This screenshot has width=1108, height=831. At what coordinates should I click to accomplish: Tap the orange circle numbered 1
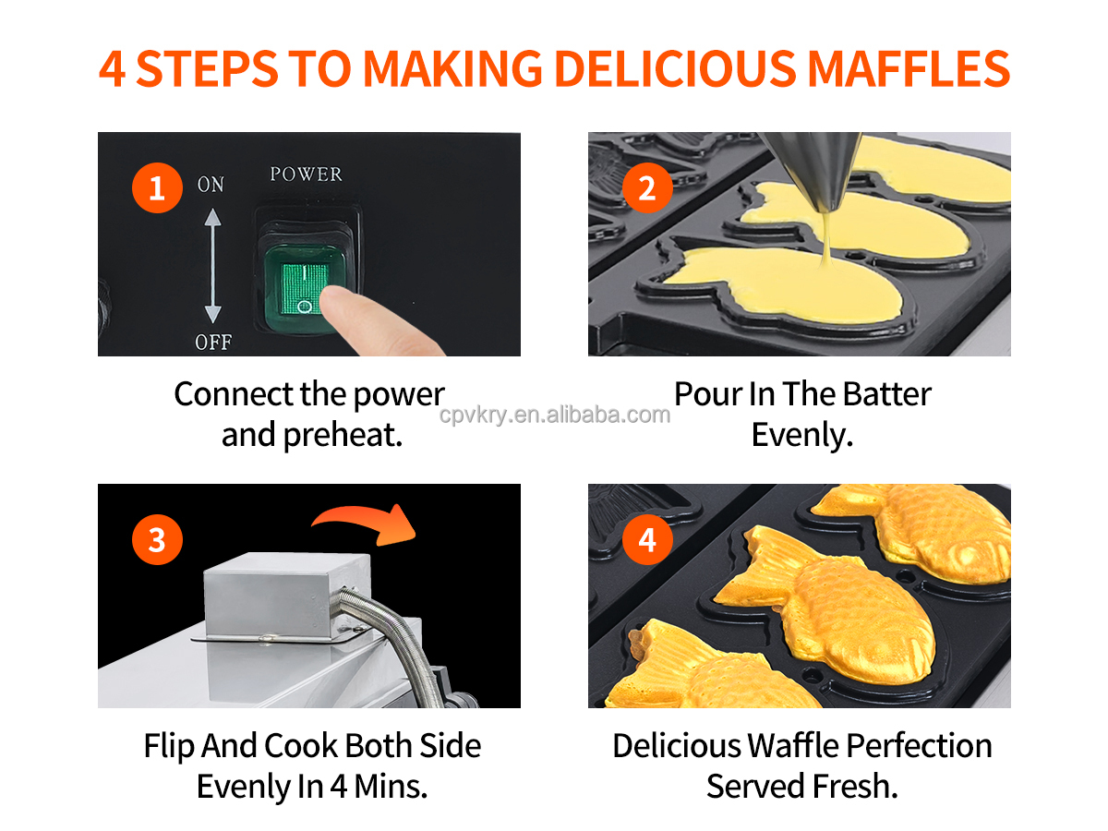pyautogui.click(x=157, y=187)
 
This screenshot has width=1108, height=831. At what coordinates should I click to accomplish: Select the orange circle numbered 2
pyautogui.click(x=646, y=187)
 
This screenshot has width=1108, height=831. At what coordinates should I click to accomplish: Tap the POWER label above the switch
pyautogui.click(x=306, y=174)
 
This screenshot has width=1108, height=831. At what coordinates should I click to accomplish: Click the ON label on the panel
pyautogui.click(x=211, y=184)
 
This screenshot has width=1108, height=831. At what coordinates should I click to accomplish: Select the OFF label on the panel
pyautogui.click(x=213, y=342)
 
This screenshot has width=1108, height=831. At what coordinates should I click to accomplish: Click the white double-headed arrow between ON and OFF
pyautogui.click(x=212, y=265)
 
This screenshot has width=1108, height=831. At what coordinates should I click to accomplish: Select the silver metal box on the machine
pyautogui.click(x=286, y=596)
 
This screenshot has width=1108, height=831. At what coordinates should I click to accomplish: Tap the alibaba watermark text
pyautogui.click(x=554, y=415)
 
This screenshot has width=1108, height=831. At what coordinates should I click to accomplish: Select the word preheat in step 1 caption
pyautogui.click(x=342, y=435)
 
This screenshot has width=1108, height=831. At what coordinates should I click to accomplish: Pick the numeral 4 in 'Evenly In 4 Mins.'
pyautogui.click(x=339, y=786)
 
